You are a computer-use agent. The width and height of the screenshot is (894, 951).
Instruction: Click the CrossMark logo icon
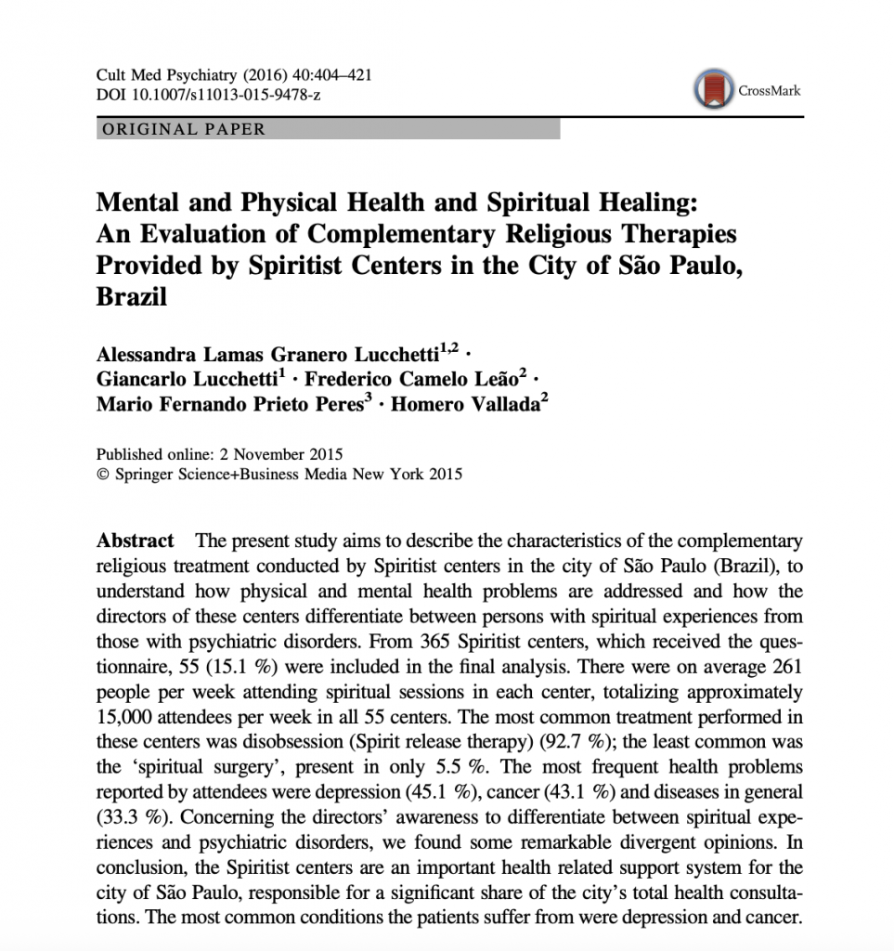711,90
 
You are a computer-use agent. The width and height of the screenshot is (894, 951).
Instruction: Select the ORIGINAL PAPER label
184,130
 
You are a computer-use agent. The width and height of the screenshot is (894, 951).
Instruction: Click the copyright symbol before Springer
102,475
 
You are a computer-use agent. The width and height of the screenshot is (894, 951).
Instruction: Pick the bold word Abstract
135,541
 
